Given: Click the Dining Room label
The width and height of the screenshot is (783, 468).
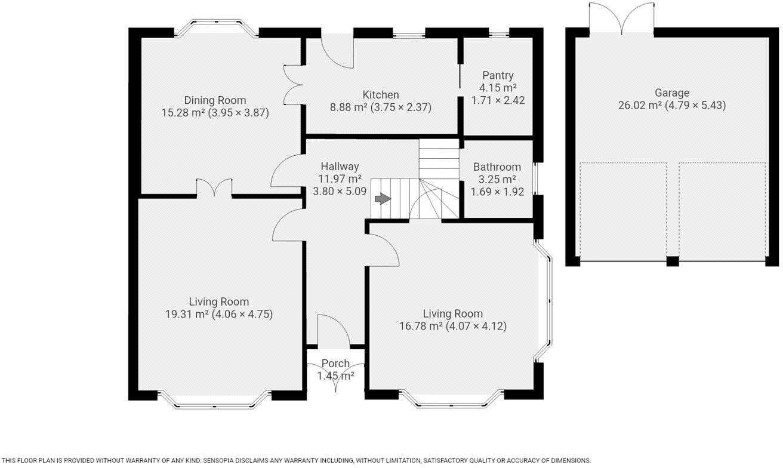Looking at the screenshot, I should point(215,100).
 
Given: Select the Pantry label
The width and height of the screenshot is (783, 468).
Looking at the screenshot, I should point(498,75).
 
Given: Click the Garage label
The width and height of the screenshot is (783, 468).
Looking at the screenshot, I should point(672,93).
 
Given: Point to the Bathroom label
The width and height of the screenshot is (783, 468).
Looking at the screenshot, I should point(497,167).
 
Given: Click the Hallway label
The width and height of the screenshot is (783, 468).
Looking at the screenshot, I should point(340,167).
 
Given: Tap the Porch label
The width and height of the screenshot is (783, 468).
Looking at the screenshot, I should point(335,364).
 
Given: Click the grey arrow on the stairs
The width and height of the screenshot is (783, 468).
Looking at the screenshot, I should point(381,199).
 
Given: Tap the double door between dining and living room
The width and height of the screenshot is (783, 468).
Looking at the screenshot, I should point(214,187).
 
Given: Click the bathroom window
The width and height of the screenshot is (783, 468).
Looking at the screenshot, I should point(535,178).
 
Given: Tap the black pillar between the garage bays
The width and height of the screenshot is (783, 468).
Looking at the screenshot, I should point(673,261).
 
